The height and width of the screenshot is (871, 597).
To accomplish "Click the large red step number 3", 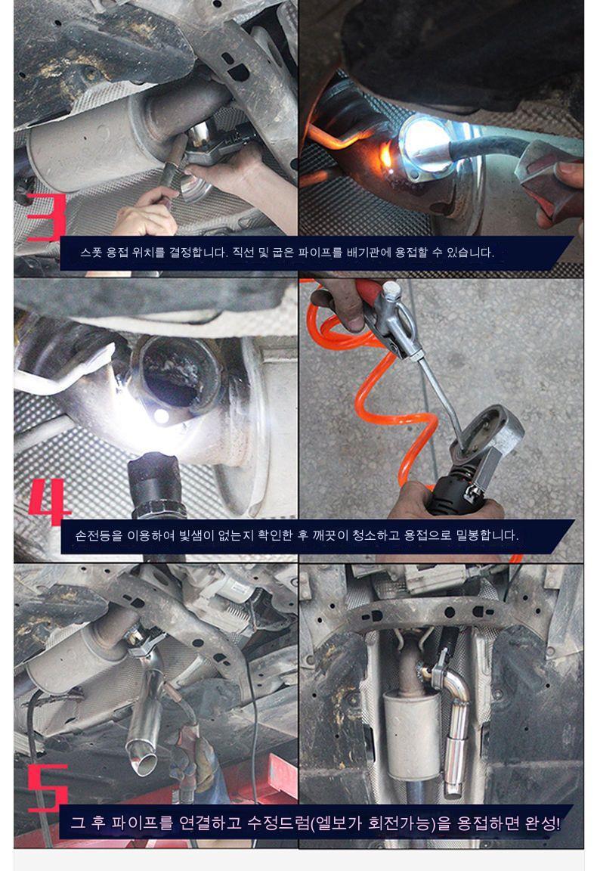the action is pyautogui.click(x=47, y=217).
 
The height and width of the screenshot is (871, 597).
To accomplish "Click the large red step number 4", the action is pyautogui.click(x=49, y=502).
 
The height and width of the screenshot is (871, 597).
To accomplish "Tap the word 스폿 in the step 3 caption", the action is pyautogui.click(x=91, y=253).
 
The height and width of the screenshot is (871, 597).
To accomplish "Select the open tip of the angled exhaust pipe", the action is pyautogui.click(x=143, y=763).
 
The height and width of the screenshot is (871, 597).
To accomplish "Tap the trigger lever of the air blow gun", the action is pyautogui.click(x=399, y=333).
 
